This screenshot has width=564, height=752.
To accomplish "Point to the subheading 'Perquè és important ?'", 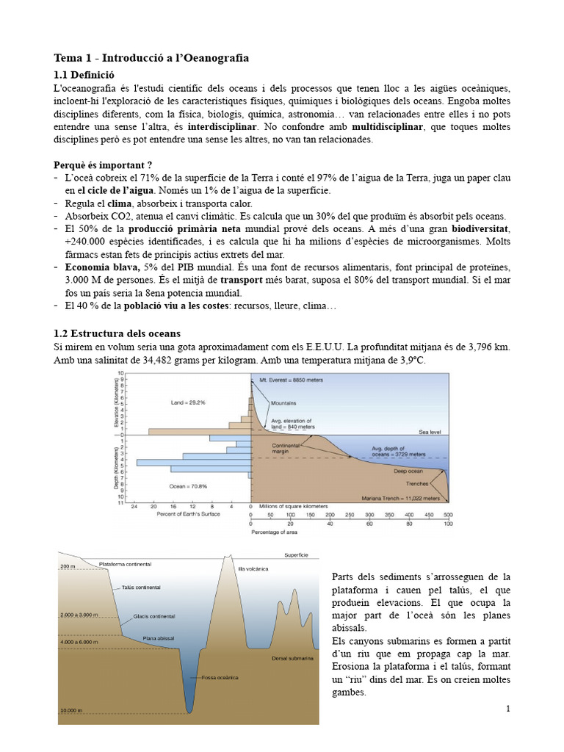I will click(x=104, y=164).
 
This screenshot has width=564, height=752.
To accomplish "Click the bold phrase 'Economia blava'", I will click(x=102, y=267).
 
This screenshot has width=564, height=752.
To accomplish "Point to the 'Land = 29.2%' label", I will click(x=188, y=402).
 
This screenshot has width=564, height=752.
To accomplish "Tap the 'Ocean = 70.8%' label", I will click(x=189, y=485).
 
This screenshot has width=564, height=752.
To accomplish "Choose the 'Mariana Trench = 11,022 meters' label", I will click(x=401, y=498).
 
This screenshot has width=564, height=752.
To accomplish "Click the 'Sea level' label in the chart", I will click(x=430, y=432).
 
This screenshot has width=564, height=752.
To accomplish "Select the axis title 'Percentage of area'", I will click(x=275, y=532).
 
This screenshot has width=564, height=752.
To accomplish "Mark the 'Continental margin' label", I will click(x=286, y=449).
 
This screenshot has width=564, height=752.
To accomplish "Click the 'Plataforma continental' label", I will click(x=125, y=564).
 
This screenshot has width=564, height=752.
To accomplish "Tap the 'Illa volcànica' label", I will click(x=253, y=569).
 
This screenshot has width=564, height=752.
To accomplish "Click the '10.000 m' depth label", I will click(x=71, y=710).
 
